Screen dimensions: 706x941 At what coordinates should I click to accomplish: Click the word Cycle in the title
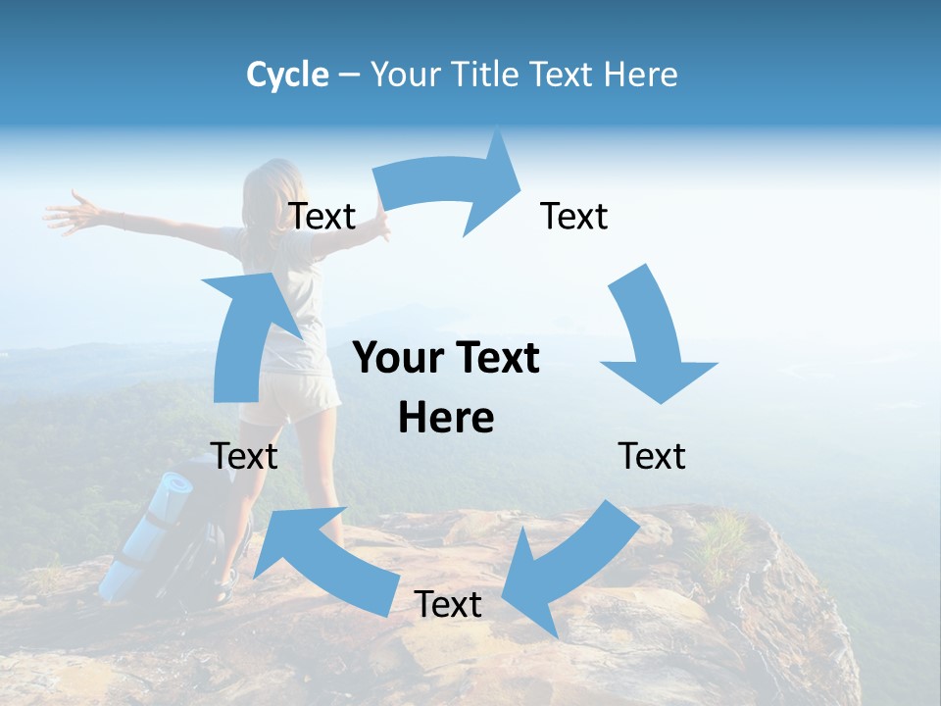pos(287,75)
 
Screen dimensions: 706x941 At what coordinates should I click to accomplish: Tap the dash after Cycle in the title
pos(349,76)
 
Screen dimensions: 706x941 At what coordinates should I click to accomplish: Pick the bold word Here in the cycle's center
pos(446,418)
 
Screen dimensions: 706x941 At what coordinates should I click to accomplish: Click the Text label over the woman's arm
pos(322,216)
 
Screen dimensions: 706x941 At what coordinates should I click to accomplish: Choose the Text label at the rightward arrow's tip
pos(574,216)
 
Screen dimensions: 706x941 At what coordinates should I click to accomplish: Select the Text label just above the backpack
pos(244,456)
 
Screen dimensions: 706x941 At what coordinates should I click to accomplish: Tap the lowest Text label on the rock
pos(448,604)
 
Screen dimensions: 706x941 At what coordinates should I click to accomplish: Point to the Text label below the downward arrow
pos(652,456)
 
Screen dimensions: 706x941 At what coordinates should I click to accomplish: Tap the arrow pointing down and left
pos(569,569)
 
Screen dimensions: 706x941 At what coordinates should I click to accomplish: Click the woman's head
pos(274,186)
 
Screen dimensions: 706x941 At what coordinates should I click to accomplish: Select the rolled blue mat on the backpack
pos(147,534)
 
